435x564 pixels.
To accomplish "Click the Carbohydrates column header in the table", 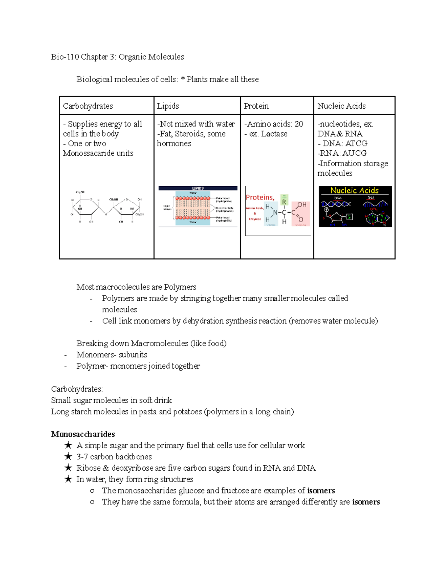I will (88, 106).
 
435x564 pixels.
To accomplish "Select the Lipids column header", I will (168, 106).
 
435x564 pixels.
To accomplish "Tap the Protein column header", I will (256, 106).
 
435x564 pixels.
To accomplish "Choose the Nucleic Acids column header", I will (341, 106).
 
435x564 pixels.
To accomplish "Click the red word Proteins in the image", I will (260, 198).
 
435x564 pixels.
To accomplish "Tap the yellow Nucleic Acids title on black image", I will (354, 190).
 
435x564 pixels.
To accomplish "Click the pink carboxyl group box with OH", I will (301, 213).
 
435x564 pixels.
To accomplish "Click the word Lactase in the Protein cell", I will (274, 134).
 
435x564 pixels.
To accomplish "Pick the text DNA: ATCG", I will (345, 143).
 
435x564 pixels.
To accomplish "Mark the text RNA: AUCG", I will (343, 153).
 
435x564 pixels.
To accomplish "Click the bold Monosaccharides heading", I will (83, 434).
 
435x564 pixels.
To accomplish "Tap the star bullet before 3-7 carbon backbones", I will (68, 457).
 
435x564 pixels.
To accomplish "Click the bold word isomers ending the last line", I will (366, 502).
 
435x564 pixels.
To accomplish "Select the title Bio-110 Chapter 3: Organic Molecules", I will (117, 57).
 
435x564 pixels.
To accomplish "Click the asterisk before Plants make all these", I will (183, 80).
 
